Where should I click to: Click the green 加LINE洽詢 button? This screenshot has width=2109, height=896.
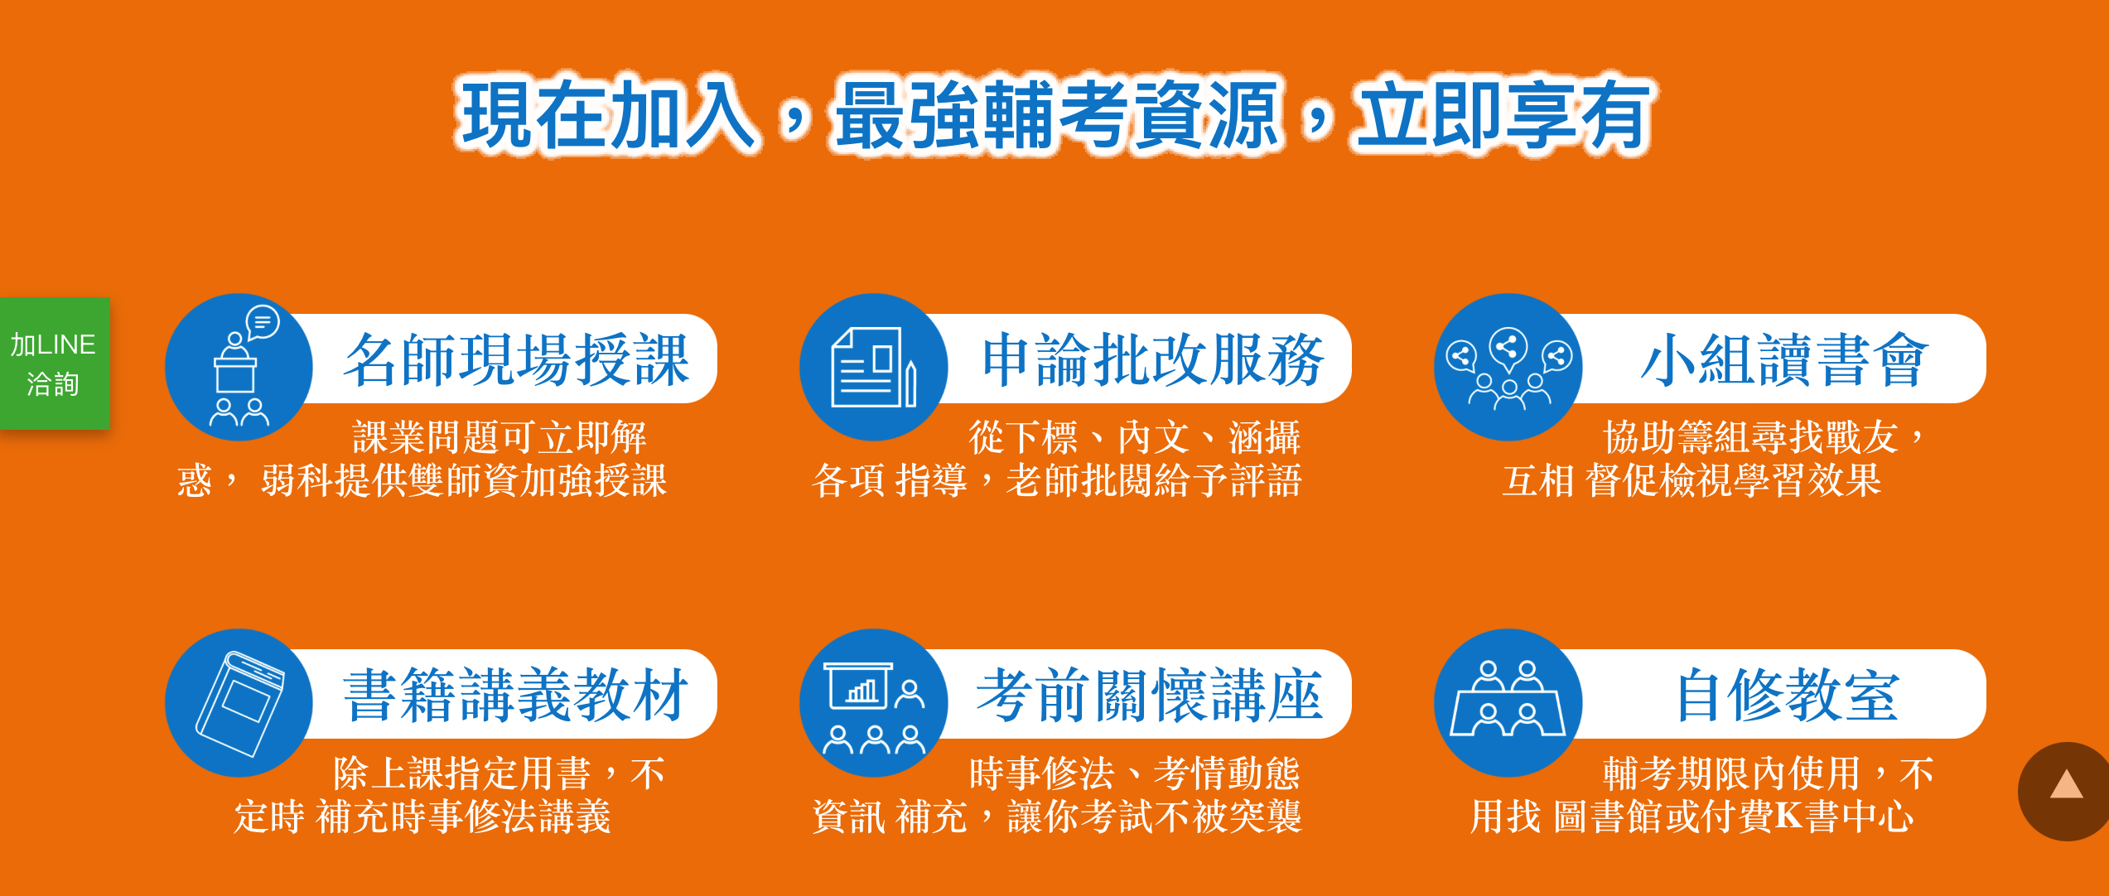click(55, 364)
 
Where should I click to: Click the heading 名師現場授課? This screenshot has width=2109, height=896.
click(517, 359)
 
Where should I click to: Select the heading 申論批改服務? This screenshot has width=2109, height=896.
click(1153, 359)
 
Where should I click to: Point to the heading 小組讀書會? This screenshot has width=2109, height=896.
click(1785, 359)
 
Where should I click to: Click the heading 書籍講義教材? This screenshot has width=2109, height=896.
click(517, 695)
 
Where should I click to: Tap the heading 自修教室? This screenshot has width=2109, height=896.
click(1787, 695)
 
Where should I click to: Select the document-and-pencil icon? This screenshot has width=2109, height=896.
click(874, 367)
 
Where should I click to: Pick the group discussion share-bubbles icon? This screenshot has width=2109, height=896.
click(1508, 367)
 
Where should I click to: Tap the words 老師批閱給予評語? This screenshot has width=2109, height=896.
click(1154, 481)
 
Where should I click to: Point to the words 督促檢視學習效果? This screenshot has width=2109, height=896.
click(1734, 481)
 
